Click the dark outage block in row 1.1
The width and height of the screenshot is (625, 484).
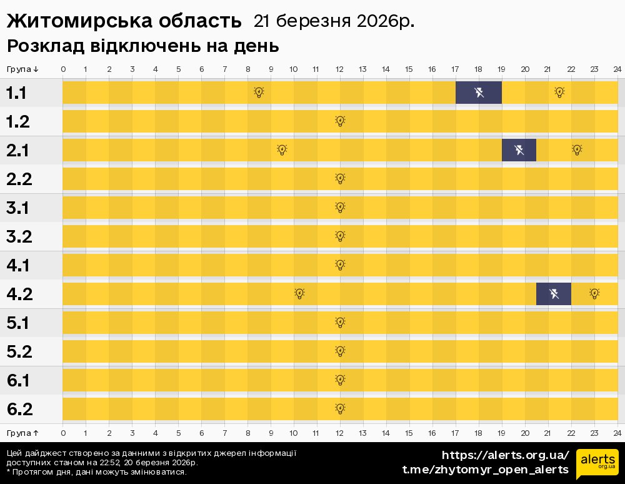(x=479, y=93)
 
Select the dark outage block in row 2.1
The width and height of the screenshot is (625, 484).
(x=519, y=150)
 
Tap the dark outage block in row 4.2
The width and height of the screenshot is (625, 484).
(x=554, y=294)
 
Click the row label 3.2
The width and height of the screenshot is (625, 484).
(x=19, y=237)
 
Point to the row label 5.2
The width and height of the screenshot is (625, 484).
(x=19, y=352)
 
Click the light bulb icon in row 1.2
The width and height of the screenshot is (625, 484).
(x=340, y=121)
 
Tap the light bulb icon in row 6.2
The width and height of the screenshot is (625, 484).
(x=340, y=409)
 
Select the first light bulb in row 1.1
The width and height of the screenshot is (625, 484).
(x=259, y=93)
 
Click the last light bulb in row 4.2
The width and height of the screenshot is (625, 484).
(x=594, y=294)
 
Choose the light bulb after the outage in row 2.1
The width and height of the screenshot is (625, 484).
(x=577, y=150)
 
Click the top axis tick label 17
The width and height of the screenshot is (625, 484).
(x=455, y=69)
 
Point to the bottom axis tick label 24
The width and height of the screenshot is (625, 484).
(x=617, y=433)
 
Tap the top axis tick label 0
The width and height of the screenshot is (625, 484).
(x=63, y=69)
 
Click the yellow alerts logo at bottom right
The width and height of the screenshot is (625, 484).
(x=597, y=463)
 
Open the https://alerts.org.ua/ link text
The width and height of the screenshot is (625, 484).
(x=506, y=455)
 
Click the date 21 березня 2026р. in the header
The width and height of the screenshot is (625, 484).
(x=334, y=21)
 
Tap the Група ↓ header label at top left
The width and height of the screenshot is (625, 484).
(x=22, y=69)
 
